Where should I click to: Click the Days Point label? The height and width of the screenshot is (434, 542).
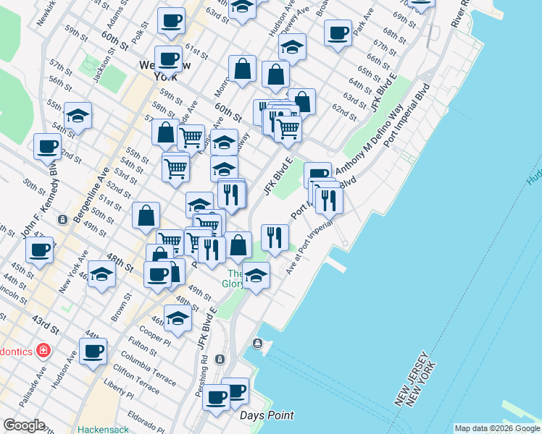pos(267,415)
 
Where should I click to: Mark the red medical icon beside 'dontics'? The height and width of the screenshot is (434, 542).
pos(43,351)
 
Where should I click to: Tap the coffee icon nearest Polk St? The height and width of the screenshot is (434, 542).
pos(170,21)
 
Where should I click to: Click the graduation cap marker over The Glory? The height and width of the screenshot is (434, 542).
pos(256,276)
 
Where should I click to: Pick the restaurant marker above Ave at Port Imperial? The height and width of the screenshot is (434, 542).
pos(275,237)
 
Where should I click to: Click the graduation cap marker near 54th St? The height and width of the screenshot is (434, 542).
pos(78,116)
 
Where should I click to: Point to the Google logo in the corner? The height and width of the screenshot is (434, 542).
pos(24,425)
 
